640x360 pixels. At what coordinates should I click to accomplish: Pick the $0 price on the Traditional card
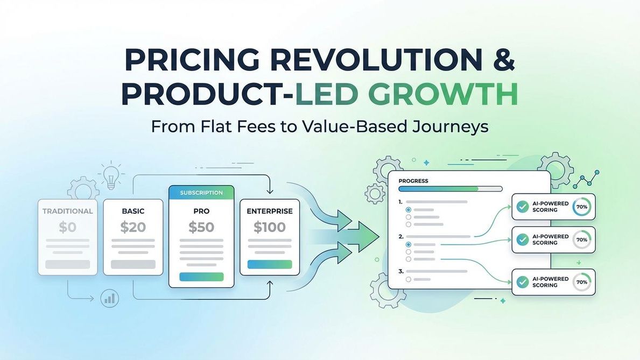point(67,228)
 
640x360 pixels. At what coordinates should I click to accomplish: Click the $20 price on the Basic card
point(133,228)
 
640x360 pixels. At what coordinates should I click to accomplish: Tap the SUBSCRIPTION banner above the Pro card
point(201,193)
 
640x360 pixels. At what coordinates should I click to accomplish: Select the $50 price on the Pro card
point(201,228)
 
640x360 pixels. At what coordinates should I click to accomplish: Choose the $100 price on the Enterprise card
point(269,228)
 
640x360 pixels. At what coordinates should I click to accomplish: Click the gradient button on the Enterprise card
point(269,264)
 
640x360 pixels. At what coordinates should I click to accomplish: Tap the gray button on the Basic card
point(133,264)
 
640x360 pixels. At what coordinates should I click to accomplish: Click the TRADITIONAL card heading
point(67,211)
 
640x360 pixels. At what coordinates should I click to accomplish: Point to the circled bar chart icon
point(109,298)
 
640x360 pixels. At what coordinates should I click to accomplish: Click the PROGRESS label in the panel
point(413,181)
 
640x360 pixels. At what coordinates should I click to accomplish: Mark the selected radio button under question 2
point(409,244)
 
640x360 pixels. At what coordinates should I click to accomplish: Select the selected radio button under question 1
point(409,210)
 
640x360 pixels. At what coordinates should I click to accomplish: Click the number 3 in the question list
point(400,271)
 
